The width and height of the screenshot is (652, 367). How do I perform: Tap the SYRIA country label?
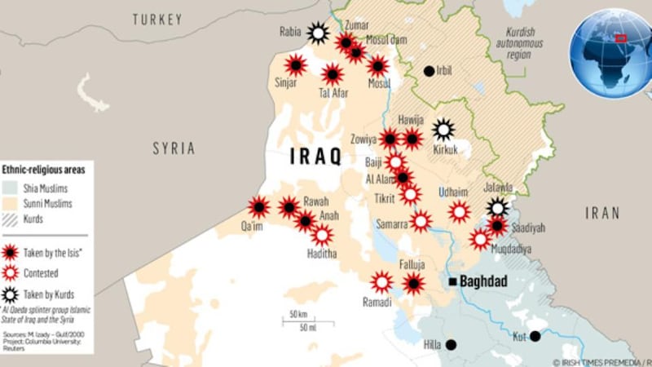(x=174, y=148)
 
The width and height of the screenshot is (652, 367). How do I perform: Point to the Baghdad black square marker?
(x=452, y=281)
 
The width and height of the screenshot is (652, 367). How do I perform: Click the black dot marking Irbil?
(x=429, y=71)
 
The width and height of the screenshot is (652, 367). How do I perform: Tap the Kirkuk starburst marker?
(x=443, y=129)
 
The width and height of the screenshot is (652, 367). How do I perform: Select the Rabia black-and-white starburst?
(x=317, y=33)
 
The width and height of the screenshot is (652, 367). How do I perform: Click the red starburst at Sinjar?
(x=295, y=65)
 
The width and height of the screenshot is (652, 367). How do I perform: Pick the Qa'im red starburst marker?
(x=259, y=207)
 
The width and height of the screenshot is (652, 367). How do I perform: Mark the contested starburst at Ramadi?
(x=381, y=282)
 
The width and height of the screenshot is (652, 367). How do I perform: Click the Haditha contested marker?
(x=322, y=236)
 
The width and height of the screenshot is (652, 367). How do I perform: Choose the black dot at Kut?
(x=535, y=336)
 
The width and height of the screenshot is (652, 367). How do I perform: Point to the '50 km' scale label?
(x=294, y=315)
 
